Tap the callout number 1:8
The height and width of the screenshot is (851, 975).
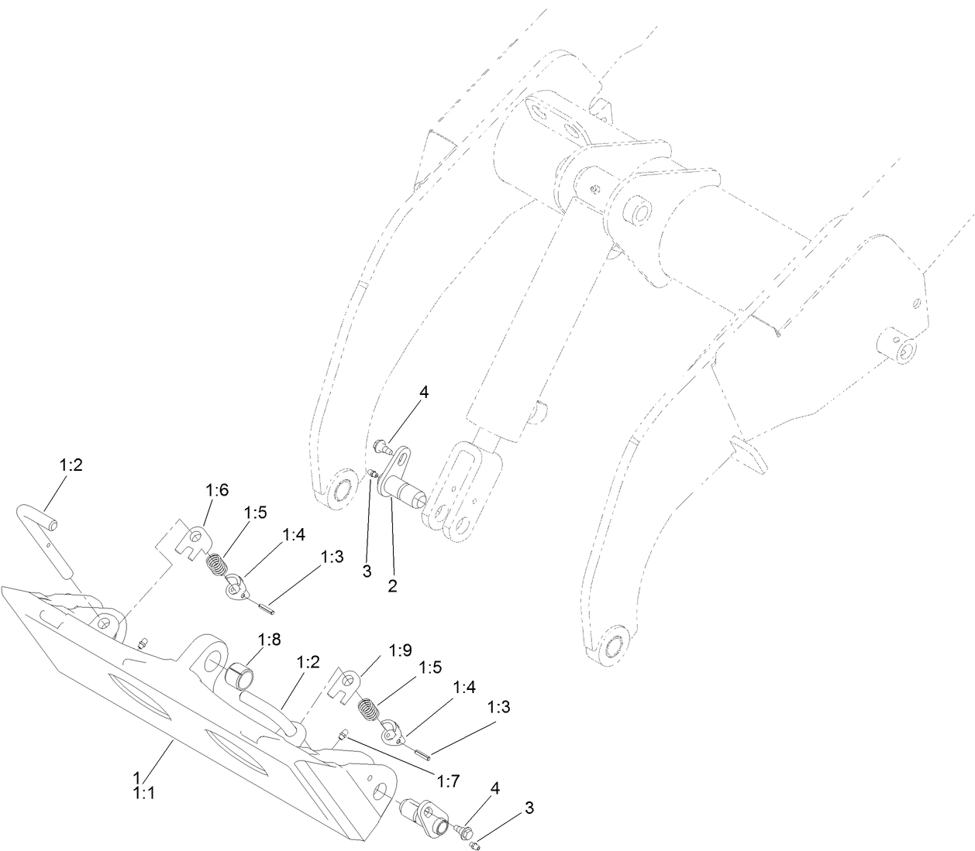pyautogui.click(x=270, y=640)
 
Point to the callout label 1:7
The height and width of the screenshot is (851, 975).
pyautogui.click(x=448, y=780)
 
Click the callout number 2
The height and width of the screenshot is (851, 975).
pyautogui.click(x=392, y=586)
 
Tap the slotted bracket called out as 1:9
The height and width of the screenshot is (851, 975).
pyautogui.click(x=346, y=685)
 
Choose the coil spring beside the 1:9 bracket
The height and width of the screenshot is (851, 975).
pyautogui.click(x=370, y=708)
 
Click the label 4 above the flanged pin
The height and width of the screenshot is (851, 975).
pyautogui.click(x=423, y=393)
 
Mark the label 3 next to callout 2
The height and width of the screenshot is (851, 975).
pyautogui.click(x=367, y=571)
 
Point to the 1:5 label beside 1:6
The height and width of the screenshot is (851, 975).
pyautogui.click(x=256, y=512)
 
